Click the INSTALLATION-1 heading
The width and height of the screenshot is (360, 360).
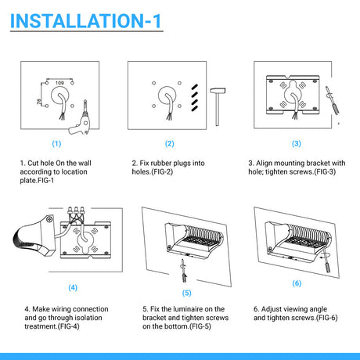tap(86, 21)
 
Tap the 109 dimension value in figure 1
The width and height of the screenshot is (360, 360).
tap(59, 83)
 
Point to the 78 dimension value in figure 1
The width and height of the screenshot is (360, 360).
tap(39, 101)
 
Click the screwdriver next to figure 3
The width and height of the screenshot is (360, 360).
tap(333, 100)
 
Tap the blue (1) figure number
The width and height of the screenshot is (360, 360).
tap(56, 143)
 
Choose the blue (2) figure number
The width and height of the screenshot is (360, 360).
tap(170, 143)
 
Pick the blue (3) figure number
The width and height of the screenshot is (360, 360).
tap(297, 143)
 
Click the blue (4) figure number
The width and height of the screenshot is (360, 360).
tap(73, 287)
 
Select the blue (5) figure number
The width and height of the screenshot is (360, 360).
tap(187, 293)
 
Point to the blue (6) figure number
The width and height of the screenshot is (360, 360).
tap(297, 283)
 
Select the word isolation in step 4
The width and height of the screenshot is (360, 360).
tap(88, 318)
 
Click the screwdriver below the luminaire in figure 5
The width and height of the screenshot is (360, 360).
tap(183, 270)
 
